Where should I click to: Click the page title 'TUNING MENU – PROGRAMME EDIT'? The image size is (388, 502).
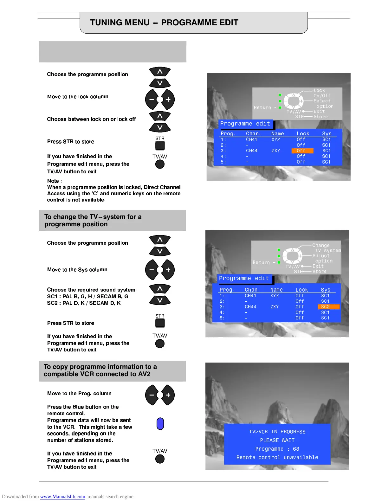[x=164, y=23]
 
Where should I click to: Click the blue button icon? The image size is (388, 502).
[x=160, y=424]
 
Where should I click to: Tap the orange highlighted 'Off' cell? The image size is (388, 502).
[x=302, y=151]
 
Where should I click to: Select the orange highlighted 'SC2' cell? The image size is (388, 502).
[x=328, y=307]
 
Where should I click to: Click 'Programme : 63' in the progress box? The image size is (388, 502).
[x=277, y=449]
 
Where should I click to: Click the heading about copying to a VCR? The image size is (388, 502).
[x=100, y=370]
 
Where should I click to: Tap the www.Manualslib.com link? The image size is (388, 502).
[x=62, y=497]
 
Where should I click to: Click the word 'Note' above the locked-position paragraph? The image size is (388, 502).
[x=53, y=181]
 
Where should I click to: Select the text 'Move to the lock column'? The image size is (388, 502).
[x=78, y=97]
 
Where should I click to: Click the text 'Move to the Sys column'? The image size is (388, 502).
[x=77, y=270]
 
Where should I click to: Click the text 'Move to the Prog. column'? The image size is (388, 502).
[x=79, y=393]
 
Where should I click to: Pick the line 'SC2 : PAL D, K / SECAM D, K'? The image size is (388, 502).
[x=84, y=303]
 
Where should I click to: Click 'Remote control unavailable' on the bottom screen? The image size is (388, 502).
[x=277, y=457]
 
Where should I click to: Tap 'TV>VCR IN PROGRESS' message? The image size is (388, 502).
[x=277, y=432]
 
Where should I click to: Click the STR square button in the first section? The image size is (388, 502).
[x=160, y=145]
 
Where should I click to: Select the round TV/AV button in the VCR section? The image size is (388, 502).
[x=160, y=459]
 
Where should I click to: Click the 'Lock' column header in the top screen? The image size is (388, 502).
[x=303, y=134]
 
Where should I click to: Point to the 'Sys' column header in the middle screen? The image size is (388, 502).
[x=325, y=290]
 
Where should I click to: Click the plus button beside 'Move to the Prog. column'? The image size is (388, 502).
[x=168, y=395]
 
